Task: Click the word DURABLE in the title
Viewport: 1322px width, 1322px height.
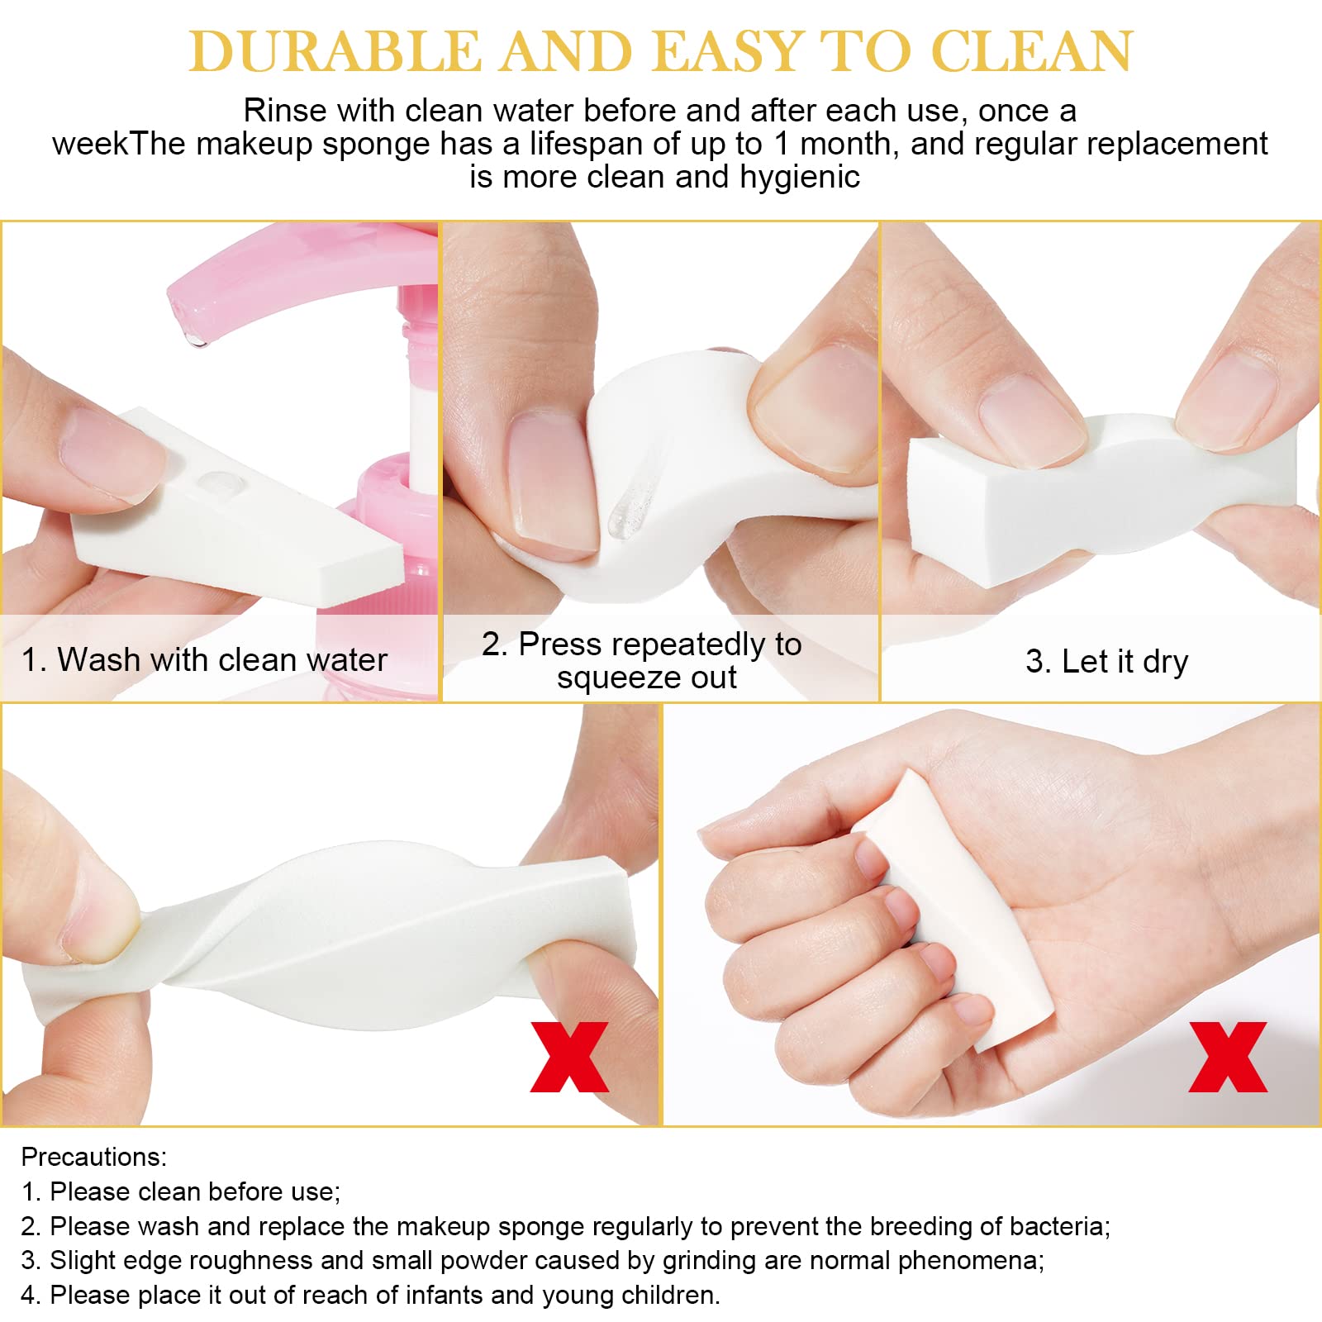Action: pyautogui.click(x=335, y=52)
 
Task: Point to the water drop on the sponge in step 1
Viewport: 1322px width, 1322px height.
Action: pyautogui.click(x=217, y=483)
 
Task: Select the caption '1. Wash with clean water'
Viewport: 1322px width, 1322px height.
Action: pyautogui.click(x=204, y=660)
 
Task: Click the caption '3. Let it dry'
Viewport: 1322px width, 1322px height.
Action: pyautogui.click(x=1107, y=662)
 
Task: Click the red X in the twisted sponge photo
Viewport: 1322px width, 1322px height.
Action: pyautogui.click(x=569, y=1057)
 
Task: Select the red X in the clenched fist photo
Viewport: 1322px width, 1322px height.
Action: pyautogui.click(x=1228, y=1057)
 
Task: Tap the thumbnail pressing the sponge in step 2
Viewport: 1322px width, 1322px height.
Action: pyautogui.click(x=555, y=483)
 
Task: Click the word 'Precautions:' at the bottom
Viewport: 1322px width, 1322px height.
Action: pyautogui.click(x=93, y=1157)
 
